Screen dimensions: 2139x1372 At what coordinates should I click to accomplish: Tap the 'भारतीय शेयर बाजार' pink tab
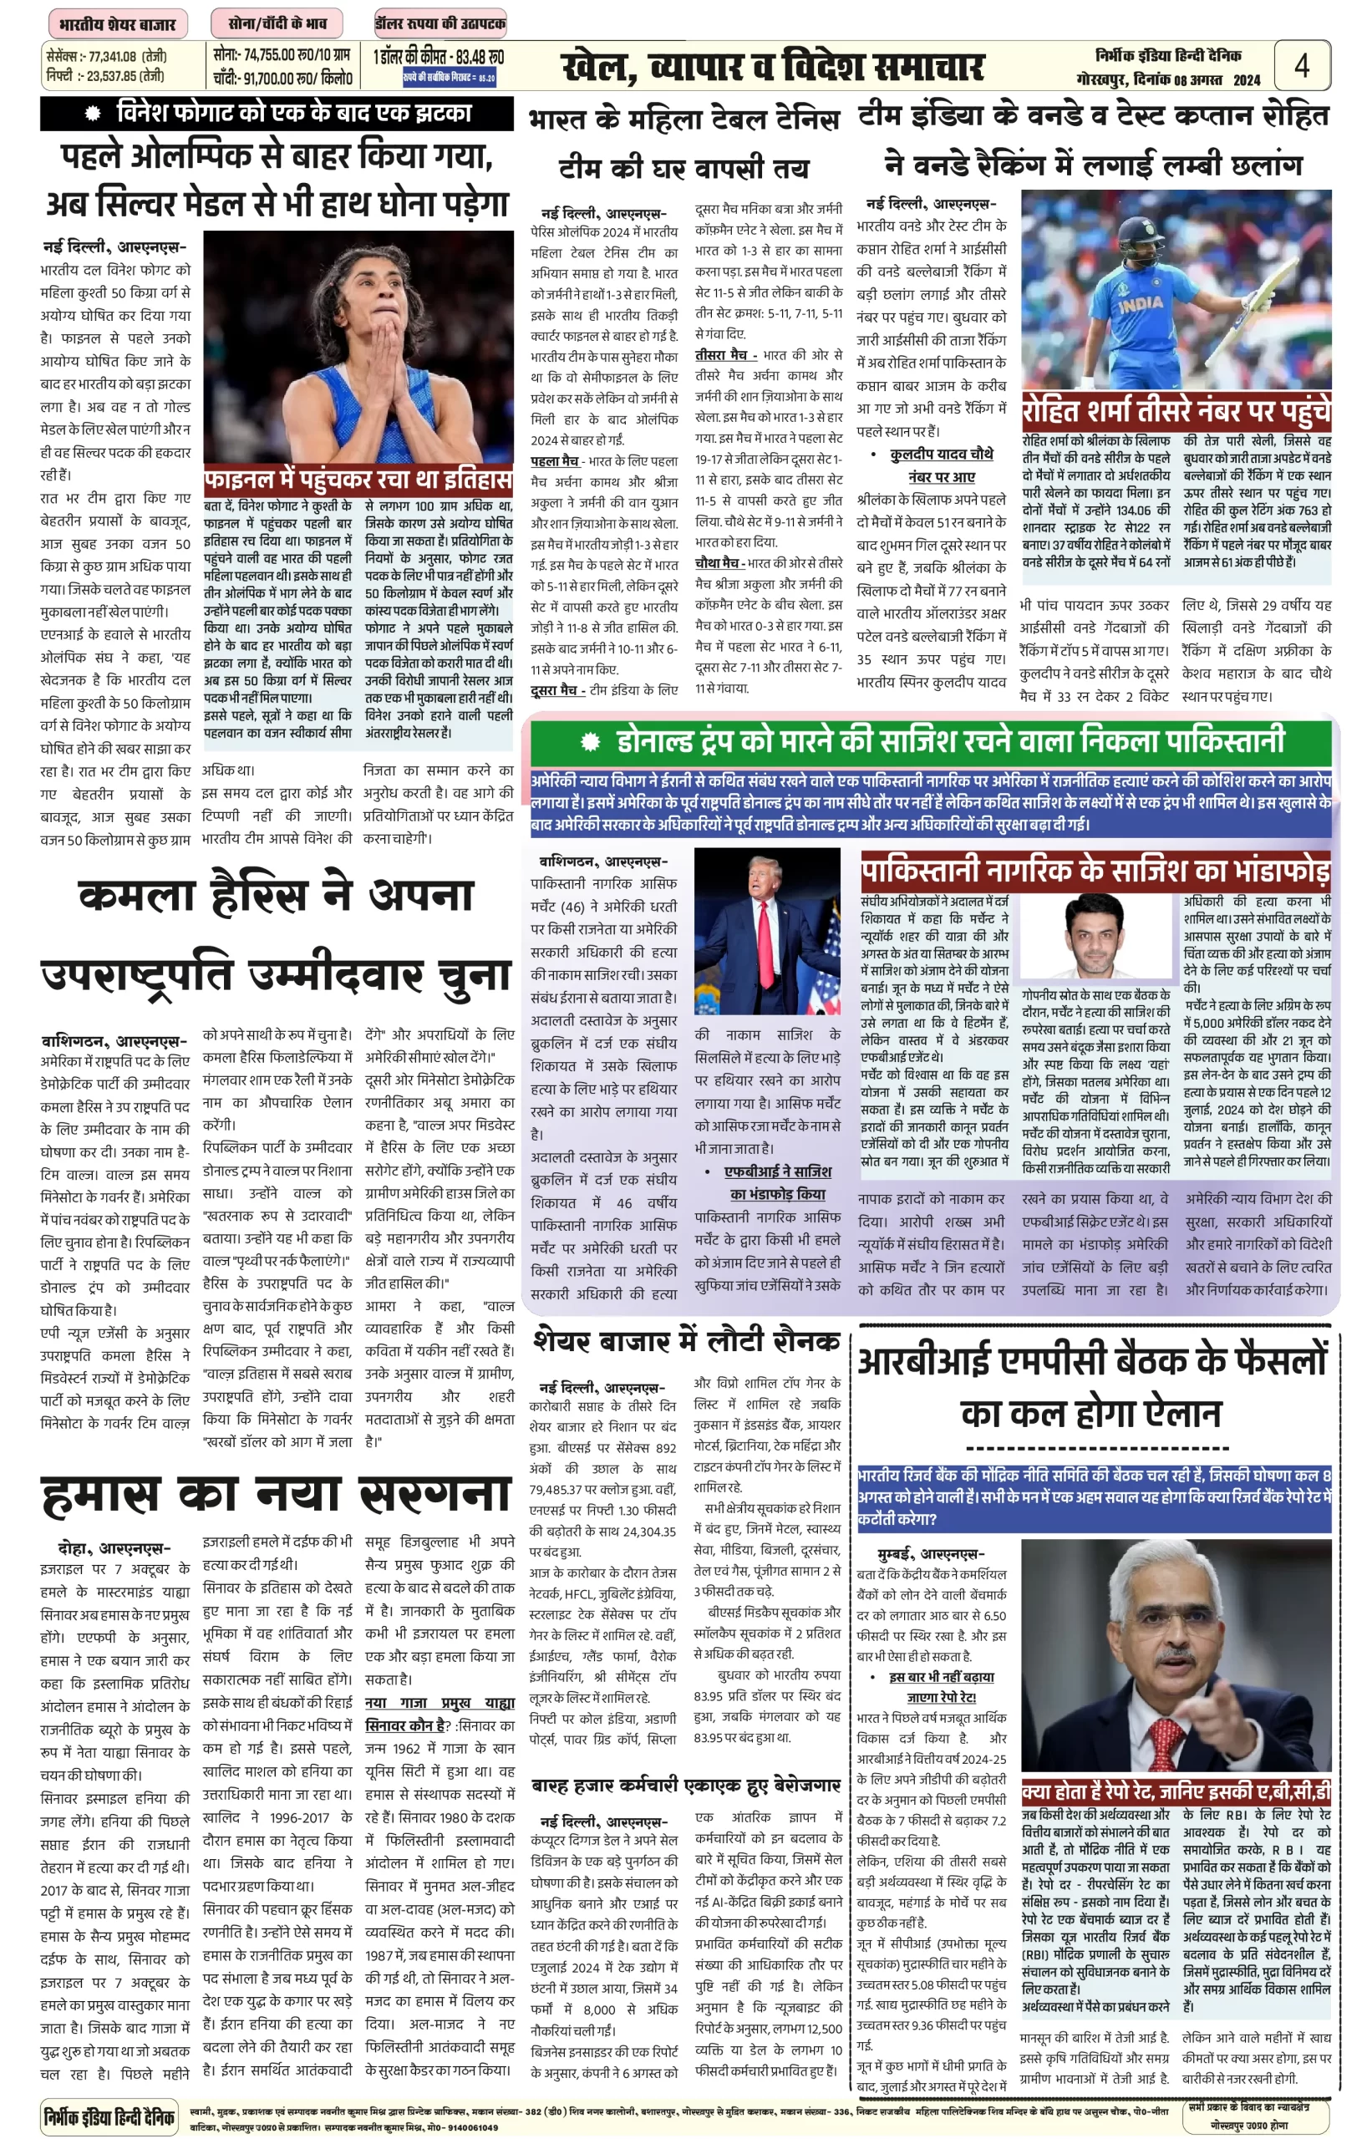click(x=117, y=23)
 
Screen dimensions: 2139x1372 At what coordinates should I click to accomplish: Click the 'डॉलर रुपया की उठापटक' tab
click(x=440, y=23)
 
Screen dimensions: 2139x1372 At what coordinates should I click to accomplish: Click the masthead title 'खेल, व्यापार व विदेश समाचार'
click(x=772, y=67)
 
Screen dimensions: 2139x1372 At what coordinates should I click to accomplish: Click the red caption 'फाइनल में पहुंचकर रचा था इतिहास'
click(x=358, y=480)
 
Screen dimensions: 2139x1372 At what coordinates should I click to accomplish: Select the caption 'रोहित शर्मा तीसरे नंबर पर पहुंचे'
click(x=1176, y=411)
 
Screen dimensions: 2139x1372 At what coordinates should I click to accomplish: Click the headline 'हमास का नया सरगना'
click(x=277, y=1496)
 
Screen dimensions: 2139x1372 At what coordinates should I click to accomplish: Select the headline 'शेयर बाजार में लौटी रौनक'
click(x=686, y=1341)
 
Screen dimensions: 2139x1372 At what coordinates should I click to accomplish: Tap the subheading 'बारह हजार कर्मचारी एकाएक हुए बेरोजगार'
click(x=686, y=1785)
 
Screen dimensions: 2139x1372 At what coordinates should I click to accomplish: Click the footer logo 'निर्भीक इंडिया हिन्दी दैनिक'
click(x=109, y=2115)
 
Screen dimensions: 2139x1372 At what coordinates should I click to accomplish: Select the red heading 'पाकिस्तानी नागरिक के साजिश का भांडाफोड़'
click(x=1095, y=871)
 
